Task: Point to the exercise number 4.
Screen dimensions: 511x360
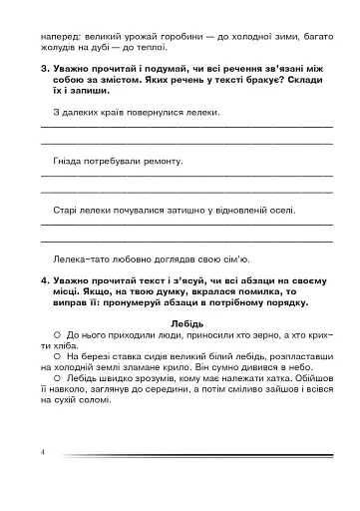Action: [x=45, y=282]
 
